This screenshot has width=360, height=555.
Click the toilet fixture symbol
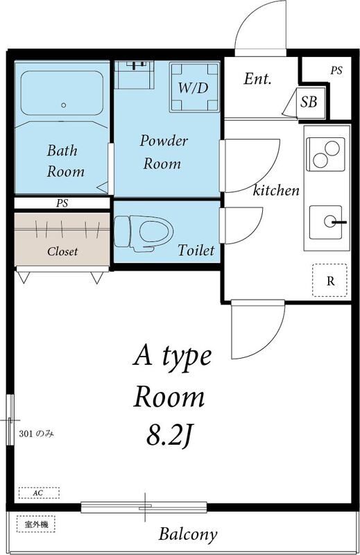(144, 233)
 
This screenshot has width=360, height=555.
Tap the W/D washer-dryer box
(194, 87)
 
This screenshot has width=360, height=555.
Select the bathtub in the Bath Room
(62, 93)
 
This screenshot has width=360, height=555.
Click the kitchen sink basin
(325, 222)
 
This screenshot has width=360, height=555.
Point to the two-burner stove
(325, 154)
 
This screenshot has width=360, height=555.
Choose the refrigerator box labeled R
(329, 280)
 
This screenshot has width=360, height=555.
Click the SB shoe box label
(309, 102)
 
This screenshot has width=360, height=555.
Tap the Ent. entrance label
(258, 78)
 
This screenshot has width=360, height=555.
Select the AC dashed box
(39, 493)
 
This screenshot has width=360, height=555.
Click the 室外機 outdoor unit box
(36, 524)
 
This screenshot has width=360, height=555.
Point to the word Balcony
(187, 534)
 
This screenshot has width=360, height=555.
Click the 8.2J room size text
(169, 435)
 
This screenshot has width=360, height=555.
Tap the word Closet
(62, 251)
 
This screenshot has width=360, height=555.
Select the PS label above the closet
(62, 203)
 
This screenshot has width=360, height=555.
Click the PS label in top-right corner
(336, 70)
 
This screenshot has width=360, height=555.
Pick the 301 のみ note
(37, 434)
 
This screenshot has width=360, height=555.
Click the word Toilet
(196, 250)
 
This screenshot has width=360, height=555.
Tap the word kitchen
(276, 190)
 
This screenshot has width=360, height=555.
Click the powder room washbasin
(135, 75)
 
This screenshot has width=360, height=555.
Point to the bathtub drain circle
(64, 105)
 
